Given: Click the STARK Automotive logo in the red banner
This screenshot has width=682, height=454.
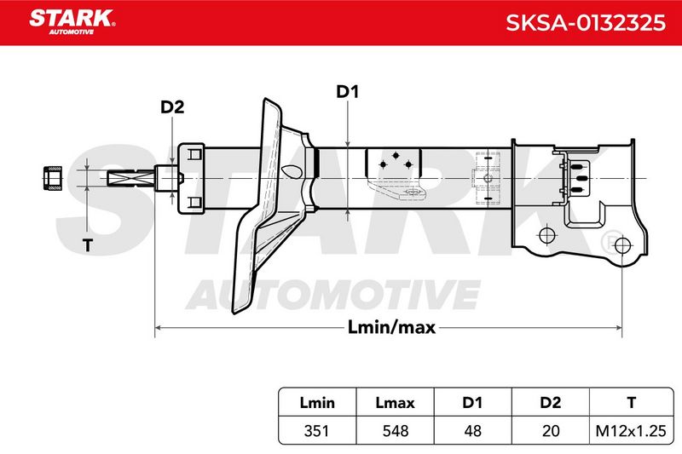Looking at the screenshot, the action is coord(72,22).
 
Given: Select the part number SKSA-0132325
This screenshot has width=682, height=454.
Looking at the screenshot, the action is coord(586,23).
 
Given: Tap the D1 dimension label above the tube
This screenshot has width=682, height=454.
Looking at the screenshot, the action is coord(348,92).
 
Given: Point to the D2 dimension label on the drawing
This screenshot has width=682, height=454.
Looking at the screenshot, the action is coord(172,106).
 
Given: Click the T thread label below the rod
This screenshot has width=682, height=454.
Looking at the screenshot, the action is coord(88,245).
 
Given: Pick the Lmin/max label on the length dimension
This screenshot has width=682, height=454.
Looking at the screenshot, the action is coord(391,327).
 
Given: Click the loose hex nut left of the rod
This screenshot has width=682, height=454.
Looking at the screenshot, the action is coord(53,178).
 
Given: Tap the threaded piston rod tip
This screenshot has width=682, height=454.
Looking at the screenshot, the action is coord(131,178).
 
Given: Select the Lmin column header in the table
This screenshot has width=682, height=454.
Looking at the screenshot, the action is coord(317,403).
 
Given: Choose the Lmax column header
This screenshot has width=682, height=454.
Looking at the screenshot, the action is coord(395,403).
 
